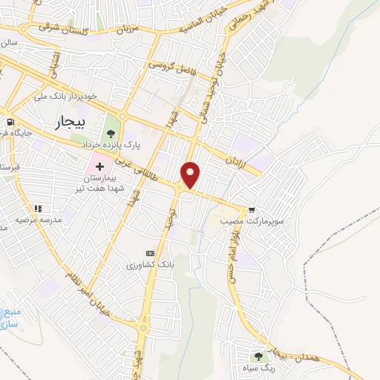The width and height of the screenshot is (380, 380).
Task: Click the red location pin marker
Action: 191,174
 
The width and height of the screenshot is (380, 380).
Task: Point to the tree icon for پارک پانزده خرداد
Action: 111,134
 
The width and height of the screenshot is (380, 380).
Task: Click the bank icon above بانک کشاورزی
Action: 151,252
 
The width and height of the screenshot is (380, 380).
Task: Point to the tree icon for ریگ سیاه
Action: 259,356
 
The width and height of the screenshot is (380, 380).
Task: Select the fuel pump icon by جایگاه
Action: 10,122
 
